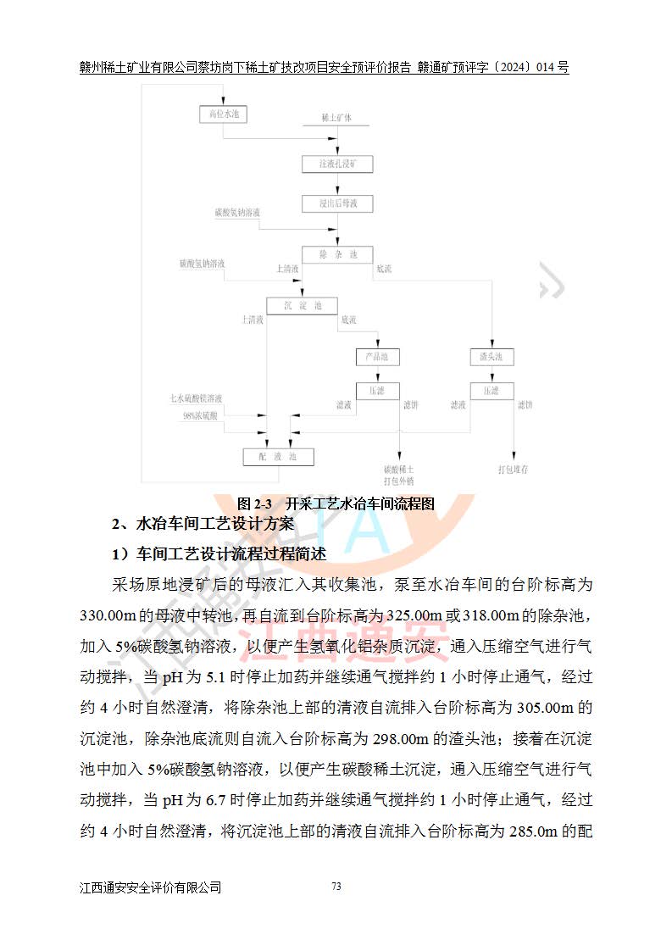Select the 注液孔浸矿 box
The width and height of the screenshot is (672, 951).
pyautogui.click(x=337, y=164)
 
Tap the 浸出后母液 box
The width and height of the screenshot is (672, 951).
pyautogui.click(x=337, y=203)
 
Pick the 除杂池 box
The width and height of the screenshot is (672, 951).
pyautogui.click(x=337, y=254)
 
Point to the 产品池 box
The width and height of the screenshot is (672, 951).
pyautogui.click(x=376, y=357)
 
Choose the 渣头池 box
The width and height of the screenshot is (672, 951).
pyautogui.click(x=491, y=357)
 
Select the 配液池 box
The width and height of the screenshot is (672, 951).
pyautogui.click(x=279, y=457)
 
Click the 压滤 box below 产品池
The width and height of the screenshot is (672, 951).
pyautogui.click(x=376, y=391)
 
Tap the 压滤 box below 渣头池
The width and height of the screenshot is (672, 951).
pyautogui.click(x=491, y=391)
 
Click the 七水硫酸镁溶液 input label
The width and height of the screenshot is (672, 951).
pyautogui.click(x=196, y=398)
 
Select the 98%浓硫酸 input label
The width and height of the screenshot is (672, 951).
pyautogui.click(x=201, y=415)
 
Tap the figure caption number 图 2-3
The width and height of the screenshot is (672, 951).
pyautogui.click(x=253, y=503)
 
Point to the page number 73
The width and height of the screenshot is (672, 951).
pyautogui.click(x=336, y=887)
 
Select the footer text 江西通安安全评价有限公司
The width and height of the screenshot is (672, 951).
pyautogui.click(x=151, y=887)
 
